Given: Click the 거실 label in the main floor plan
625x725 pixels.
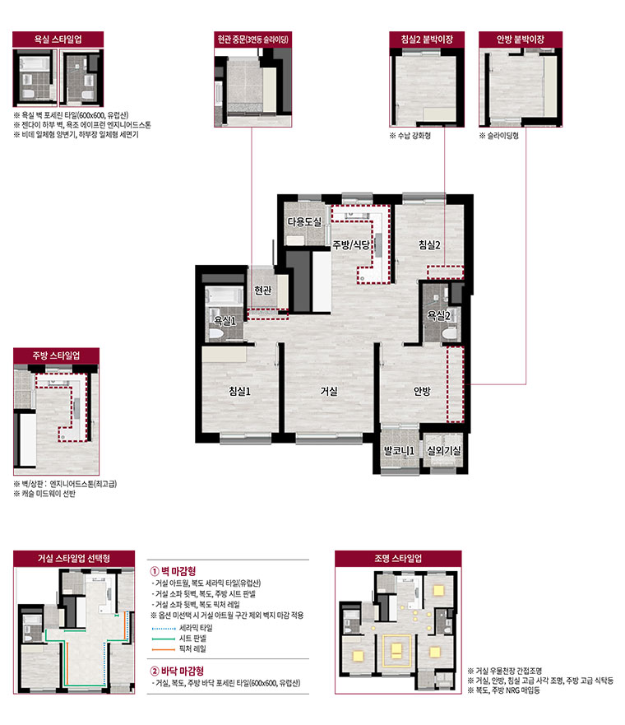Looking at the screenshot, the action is click(x=329, y=391).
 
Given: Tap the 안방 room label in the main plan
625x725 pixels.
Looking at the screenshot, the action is click(x=422, y=391).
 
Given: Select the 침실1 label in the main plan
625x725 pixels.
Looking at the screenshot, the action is click(x=240, y=391).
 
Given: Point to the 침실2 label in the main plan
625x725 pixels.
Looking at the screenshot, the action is click(x=429, y=244).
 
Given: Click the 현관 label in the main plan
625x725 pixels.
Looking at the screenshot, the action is click(x=263, y=290).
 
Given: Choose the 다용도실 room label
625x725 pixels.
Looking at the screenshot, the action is click(x=304, y=222).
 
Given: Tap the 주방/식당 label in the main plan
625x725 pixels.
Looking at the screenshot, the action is click(x=351, y=244).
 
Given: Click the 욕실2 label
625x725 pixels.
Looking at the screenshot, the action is click(x=438, y=315).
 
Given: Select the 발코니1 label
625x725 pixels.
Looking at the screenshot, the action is click(x=399, y=450).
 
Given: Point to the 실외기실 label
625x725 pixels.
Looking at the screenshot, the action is click(x=443, y=450).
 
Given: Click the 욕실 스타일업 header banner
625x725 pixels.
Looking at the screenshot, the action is click(x=58, y=40).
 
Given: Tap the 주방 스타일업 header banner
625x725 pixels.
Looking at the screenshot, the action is click(x=57, y=356).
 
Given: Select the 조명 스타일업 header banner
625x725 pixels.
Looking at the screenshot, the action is click(x=398, y=558).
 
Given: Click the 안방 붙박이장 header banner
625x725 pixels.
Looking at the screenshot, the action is click(x=521, y=40).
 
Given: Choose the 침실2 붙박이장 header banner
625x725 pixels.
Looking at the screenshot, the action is click(x=427, y=40).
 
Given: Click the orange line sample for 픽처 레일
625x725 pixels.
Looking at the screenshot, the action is click(x=164, y=649).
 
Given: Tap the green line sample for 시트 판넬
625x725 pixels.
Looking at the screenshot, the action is click(x=164, y=639).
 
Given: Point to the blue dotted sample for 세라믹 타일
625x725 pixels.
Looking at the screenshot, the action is click(x=164, y=629).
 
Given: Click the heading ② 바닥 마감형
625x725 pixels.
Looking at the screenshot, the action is click(x=177, y=671).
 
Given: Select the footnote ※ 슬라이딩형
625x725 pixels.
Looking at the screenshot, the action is click(x=499, y=136).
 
